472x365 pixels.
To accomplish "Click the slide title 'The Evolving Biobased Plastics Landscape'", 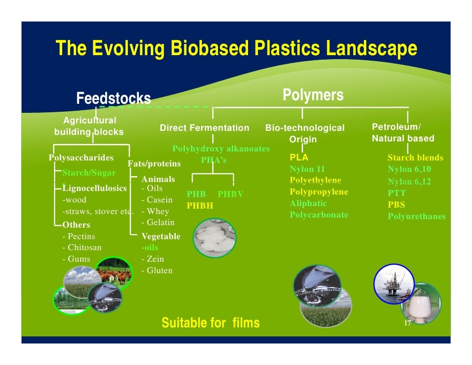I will [236, 49].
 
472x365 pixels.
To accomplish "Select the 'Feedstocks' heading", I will [113, 98].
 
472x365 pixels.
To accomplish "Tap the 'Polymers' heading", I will [313, 95].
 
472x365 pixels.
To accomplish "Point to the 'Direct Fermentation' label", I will [204, 128].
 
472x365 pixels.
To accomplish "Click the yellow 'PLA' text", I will [299, 157].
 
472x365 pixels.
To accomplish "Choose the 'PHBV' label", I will [230, 194].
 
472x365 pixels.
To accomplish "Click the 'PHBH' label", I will [200, 206].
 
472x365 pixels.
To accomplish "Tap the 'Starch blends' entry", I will [415, 158].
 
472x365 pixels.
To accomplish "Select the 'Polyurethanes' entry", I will [416, 217].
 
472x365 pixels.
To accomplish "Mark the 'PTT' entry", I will [397, 193].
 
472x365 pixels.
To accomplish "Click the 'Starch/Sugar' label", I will [89, 173].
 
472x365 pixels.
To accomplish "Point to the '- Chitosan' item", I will [82, 247].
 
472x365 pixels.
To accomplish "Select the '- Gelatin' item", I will [158, 222].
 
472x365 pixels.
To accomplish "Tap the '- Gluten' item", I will [157, 271].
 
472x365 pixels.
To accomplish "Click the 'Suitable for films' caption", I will [210, 323].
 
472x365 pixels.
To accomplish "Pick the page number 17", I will [407, 323].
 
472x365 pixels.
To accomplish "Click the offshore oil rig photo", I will [395, 284].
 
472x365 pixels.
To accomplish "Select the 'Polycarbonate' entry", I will [319, 215].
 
